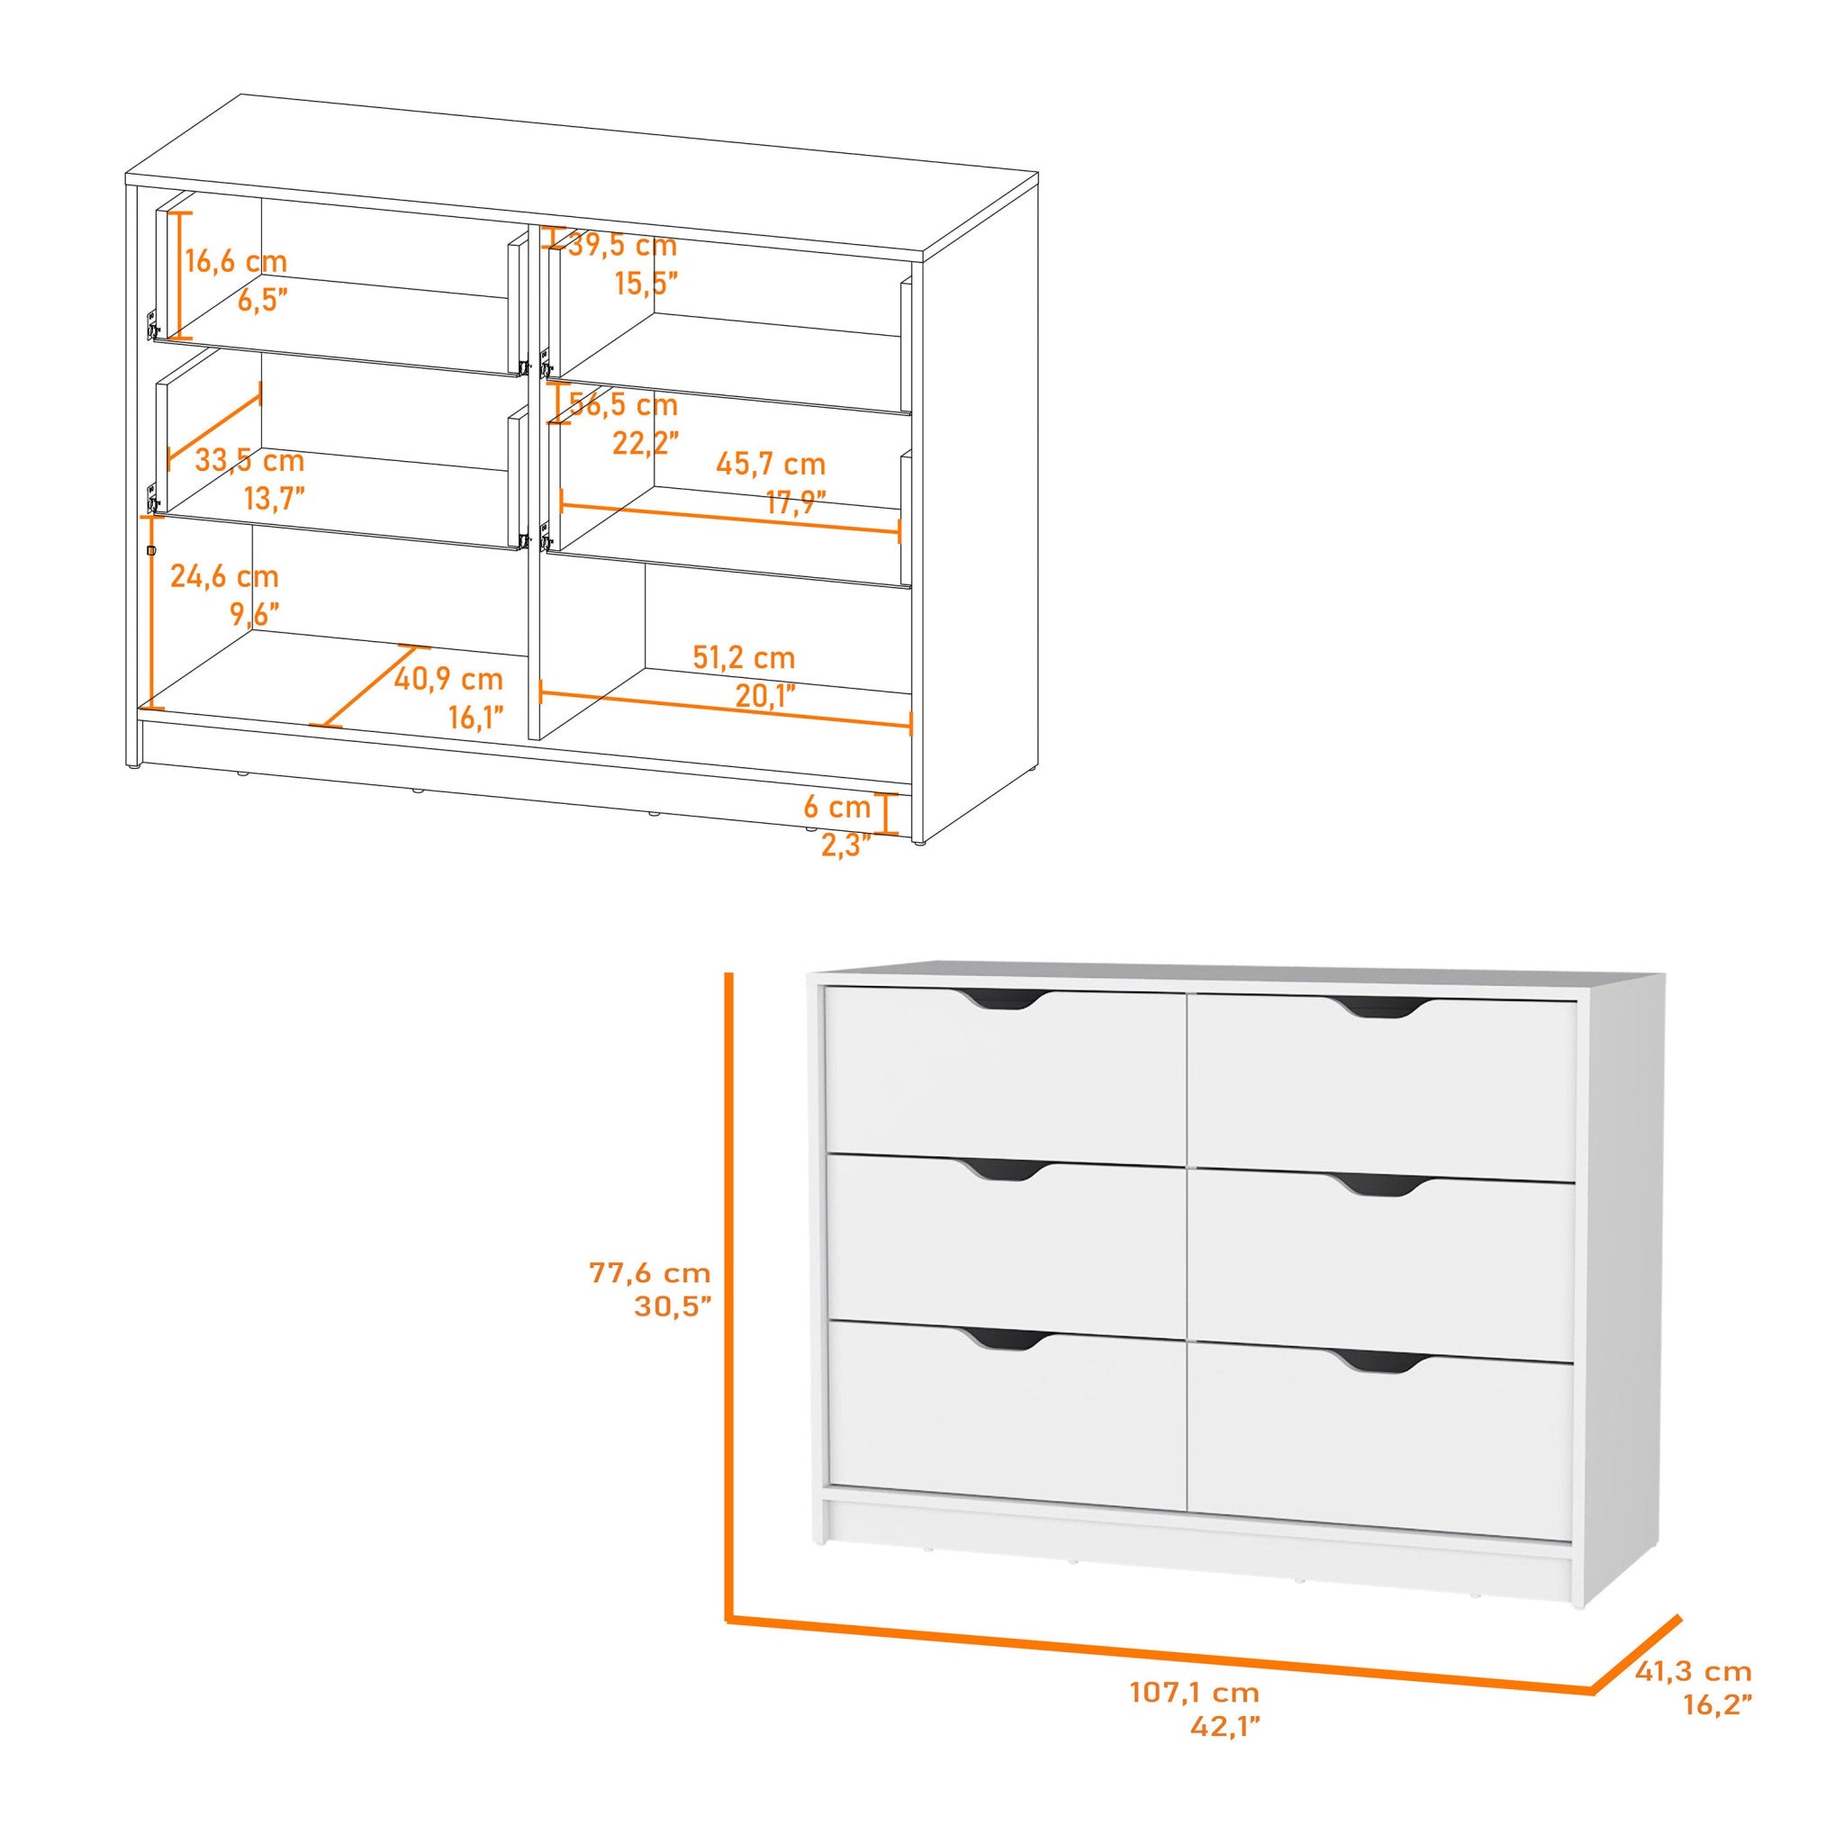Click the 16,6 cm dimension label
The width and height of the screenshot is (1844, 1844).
point(236,260)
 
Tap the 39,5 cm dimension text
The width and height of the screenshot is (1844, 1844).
point(623,245)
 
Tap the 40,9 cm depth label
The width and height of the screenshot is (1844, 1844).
point(447,679)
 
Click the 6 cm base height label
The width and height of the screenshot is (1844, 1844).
point(837,807)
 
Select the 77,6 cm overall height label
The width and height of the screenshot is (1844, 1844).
point(650,1272)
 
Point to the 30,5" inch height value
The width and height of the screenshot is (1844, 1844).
point(673,1306)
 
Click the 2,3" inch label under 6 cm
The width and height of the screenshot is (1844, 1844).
point(845,845)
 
